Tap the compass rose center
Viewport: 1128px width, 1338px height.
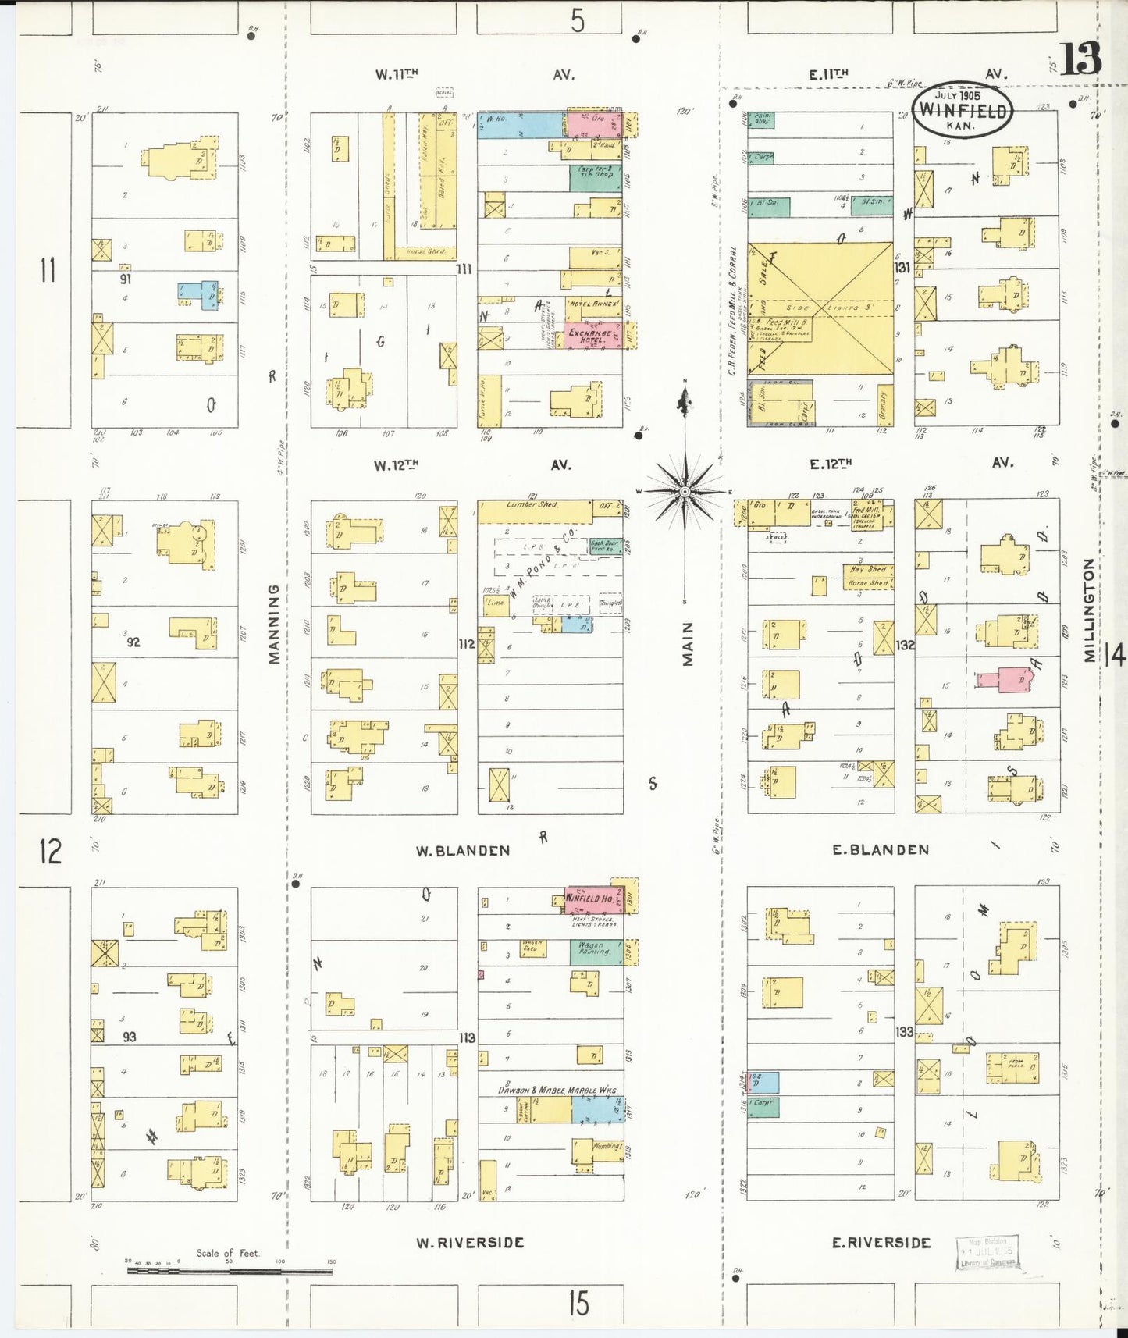(685, 491)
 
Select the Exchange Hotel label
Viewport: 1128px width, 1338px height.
(589, 336)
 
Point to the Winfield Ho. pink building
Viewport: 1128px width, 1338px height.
(590, 899)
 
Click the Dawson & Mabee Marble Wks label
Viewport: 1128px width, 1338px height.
(557, 1090)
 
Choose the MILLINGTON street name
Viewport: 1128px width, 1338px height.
(1090, 610)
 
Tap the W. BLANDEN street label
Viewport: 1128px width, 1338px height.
(462, 851)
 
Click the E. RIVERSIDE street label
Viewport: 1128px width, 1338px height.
(881, 1242)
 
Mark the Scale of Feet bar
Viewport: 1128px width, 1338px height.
(230, 1271)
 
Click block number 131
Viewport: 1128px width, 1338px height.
(903, 268)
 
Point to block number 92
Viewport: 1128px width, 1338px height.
(133, 642)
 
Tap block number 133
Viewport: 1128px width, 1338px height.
(904, 1032)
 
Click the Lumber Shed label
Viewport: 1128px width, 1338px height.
(532, 505)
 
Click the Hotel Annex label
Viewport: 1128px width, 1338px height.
(595, 303)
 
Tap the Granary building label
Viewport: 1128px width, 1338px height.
(884, 405)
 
